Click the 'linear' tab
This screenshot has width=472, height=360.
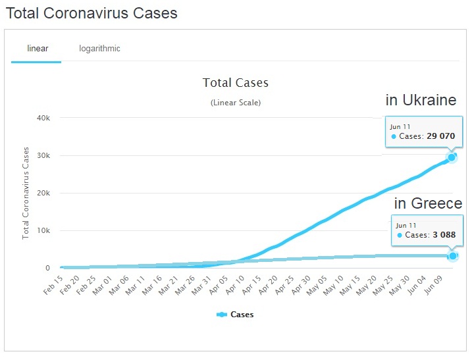tap(38, 48)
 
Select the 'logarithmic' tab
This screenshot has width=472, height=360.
tap(99, 48)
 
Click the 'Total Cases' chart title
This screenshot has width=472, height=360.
tap(236, 83)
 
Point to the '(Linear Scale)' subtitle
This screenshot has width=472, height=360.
tap(236, 103)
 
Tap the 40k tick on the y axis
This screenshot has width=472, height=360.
tap(43, 118)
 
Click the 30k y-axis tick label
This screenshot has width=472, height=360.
tap(43, 155)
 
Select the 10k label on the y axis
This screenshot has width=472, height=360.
tap(43, 230)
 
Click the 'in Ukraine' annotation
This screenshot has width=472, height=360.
tap(421, 101)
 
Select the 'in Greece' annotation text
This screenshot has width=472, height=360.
tap(428, 203)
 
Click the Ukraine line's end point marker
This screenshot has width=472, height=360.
tap(452, 157)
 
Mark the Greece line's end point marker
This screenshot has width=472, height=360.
tap(452, 255)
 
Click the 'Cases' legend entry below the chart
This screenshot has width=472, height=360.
tap(235, 315)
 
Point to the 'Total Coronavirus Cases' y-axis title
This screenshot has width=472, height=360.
tap(26, 192)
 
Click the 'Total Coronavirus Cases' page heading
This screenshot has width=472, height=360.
tap(92, 13)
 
